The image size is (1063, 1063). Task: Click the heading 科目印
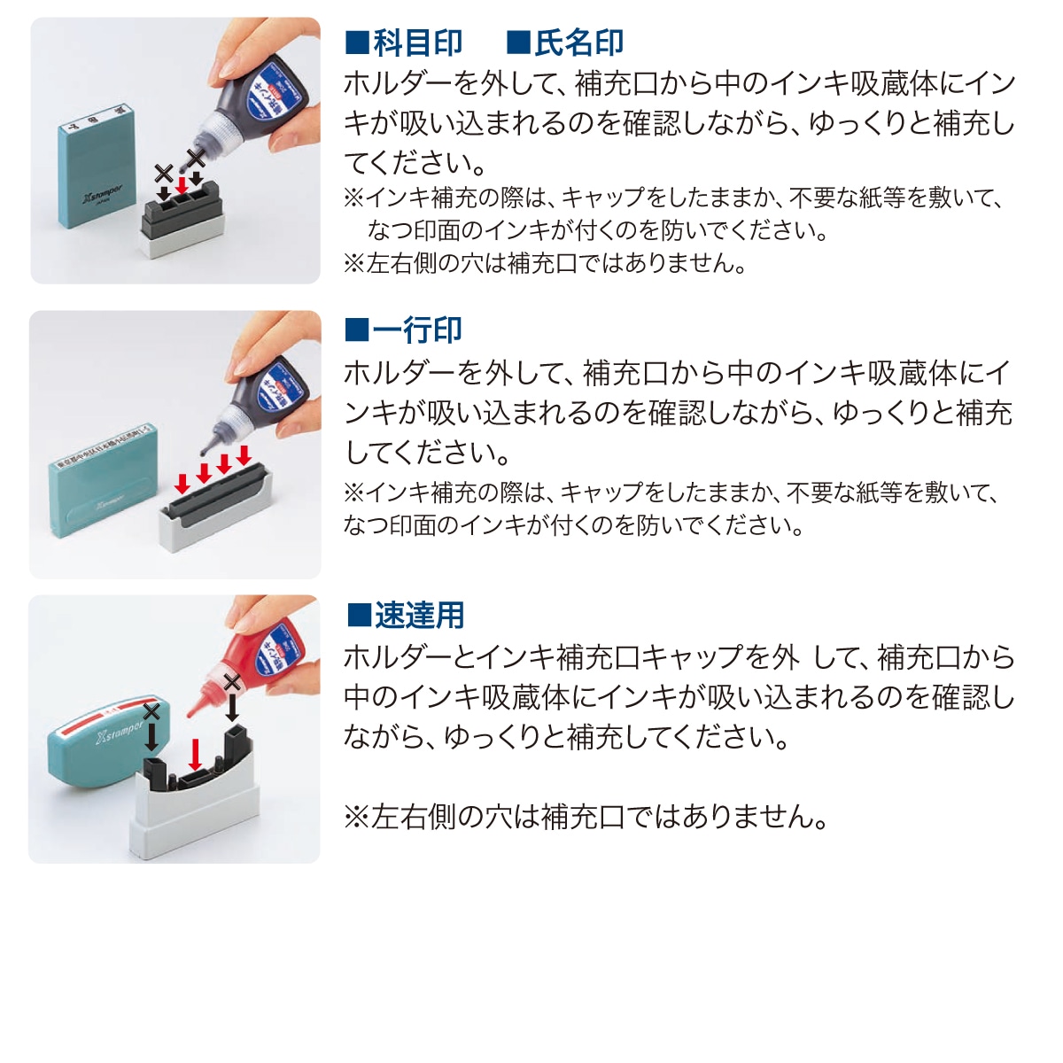[417, 43]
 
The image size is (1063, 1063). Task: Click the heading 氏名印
[578, 43]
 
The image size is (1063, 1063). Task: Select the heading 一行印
[417, 330]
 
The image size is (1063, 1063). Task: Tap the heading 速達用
[419, 615]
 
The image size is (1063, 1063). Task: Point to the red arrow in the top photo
[182, 184]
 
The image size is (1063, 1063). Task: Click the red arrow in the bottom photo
[196, 754]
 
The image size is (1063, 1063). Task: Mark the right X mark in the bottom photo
[232, 682]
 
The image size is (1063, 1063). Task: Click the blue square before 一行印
[356, 330]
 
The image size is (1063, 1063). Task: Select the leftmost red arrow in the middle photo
[182, 484]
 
